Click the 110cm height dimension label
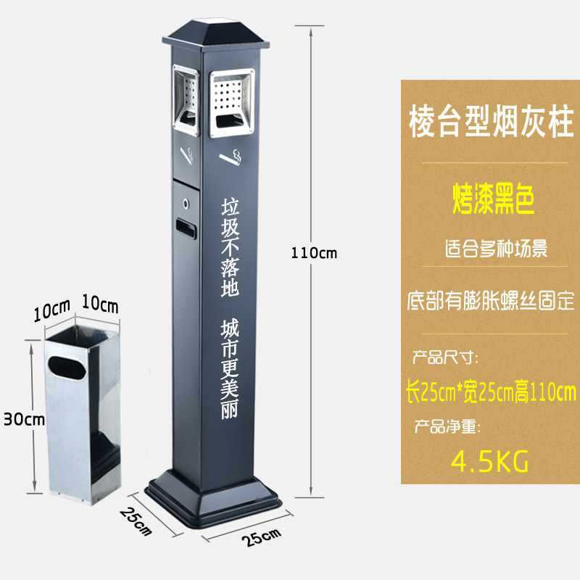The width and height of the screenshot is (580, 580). (x=314, y=253)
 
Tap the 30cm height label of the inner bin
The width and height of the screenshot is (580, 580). (x=24, y=418)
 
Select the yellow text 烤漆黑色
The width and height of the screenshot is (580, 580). (x=493, y=199)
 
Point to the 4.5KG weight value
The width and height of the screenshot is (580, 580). (x=490, y=460)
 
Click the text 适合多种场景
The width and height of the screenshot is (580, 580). (x=496, y=249)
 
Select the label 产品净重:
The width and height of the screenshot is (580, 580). (x=446, y=427)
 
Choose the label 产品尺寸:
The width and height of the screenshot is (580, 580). (x=446, y=357)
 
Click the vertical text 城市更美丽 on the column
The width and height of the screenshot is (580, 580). (x=230, y=370)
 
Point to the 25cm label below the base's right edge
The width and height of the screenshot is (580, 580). (x=262, y=537)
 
